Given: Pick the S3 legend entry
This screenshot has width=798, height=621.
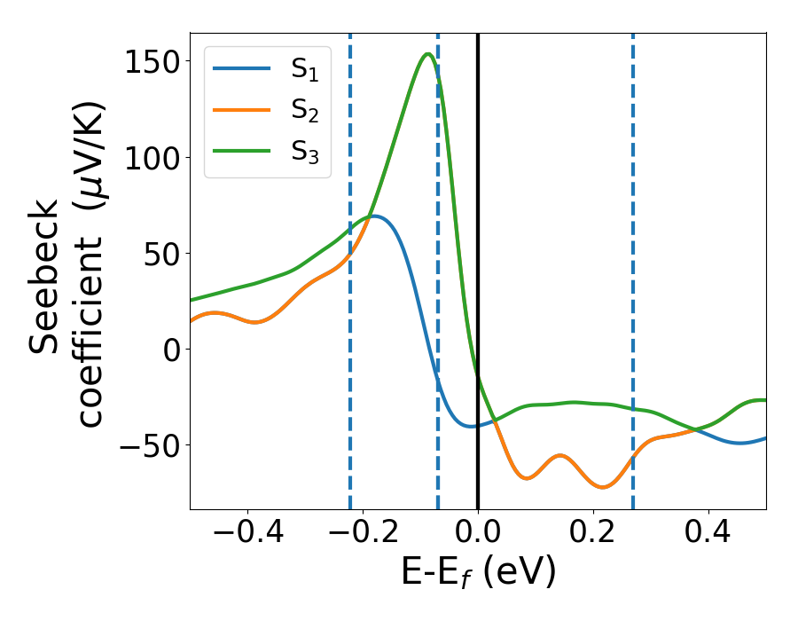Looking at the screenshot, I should coord(266,152).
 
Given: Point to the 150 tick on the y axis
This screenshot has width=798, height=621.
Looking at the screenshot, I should coord(154,62).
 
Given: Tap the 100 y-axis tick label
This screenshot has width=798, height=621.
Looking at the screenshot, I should coord(154,158).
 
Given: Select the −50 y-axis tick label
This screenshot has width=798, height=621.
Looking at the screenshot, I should coord(150,445).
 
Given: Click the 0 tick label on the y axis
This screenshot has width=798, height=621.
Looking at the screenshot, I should coord(172,350).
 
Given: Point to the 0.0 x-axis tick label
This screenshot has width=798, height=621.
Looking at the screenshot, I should coord(478,535).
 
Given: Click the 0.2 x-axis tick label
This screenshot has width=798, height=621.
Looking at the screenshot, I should coord(593,535).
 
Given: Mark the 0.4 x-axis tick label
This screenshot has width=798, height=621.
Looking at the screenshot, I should coord(708,535).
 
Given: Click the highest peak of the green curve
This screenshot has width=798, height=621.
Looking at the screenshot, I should coord(428,54).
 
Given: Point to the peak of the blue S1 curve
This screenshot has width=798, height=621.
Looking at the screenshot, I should coord(374,216).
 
